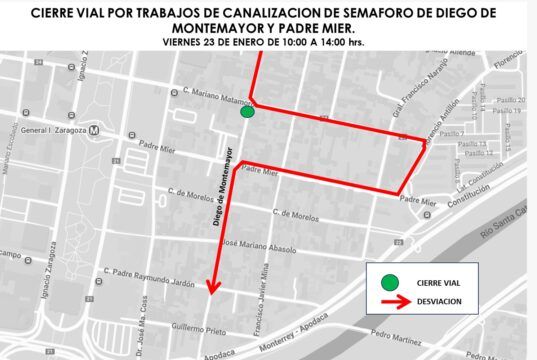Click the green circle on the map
tap(247, 113)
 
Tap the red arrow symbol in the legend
tap(393, 301)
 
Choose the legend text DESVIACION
tap(439, 301)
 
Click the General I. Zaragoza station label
tap(53, 130)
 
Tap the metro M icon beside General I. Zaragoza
tap(95, 130)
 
